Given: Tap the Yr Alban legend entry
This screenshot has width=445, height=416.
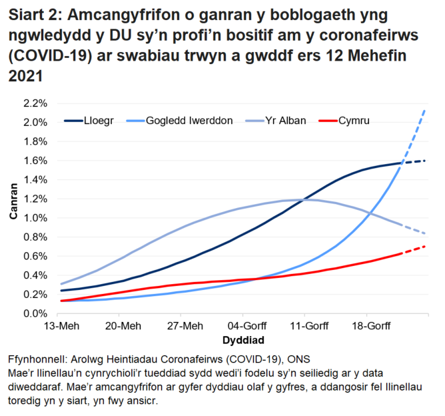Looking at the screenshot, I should (284, 121).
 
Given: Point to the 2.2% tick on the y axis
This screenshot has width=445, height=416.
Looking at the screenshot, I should (35, 103).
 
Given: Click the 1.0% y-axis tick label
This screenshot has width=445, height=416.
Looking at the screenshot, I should (35, 218).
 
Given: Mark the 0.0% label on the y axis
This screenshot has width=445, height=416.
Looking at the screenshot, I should (35, 313).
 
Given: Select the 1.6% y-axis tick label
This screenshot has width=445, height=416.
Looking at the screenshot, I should (35, 161).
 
